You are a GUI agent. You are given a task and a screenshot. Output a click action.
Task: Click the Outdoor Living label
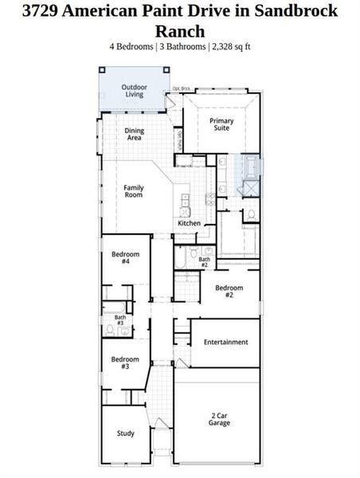pos(134,91)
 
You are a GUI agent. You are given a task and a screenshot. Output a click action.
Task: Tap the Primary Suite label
pos(221,124)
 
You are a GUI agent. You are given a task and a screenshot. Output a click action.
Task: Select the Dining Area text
pos(133,134)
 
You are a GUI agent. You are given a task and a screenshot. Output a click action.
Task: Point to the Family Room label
pos(133,191)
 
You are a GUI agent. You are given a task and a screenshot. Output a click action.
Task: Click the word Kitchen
pos(189,223)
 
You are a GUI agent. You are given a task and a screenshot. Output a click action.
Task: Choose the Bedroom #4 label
pos(125,257)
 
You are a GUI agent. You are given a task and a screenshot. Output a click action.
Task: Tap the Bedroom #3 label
pos(125,362)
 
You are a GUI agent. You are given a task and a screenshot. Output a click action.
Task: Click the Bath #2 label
pos(204,261)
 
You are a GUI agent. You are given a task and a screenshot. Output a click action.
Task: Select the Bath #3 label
pos(119,320)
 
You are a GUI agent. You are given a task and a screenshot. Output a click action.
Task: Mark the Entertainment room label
pos(225,342)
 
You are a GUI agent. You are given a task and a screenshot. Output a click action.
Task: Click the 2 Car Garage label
pos(221,419)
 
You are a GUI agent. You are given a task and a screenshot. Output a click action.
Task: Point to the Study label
pos(126,433)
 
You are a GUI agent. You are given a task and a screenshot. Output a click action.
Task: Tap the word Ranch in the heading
pos(179,31)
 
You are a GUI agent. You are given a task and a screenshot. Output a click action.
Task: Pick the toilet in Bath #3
pos(111,329)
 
